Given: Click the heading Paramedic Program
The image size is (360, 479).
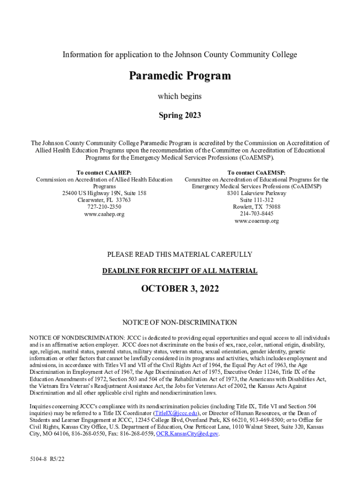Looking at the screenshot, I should [x=180, y=76].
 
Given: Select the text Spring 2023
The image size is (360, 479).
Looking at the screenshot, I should [x=180, y=115].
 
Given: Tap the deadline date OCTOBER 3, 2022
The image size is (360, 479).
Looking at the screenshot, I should [x=180, y=289].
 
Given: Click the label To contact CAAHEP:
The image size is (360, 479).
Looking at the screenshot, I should [x=104, y=173].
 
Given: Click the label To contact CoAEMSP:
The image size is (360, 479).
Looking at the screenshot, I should [x=256, y=173].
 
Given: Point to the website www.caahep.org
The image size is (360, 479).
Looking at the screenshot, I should [x=104, y=214].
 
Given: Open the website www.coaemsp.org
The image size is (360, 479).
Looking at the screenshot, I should [x=256, y=221].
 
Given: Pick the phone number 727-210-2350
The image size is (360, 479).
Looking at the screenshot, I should [x=104, y=207].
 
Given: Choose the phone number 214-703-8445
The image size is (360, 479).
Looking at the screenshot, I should [x=256, y=214].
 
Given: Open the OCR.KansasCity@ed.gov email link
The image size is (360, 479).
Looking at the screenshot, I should [x=187, y=434].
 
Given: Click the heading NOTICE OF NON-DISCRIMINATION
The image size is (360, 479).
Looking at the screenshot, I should [x=180, y=322].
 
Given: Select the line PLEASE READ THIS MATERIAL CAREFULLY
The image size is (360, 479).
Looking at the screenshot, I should [x=180, y=254].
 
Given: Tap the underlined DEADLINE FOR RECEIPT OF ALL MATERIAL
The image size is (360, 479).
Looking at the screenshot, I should [x=180, y=271].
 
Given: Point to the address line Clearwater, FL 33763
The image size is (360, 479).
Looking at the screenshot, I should [x=104, y=200].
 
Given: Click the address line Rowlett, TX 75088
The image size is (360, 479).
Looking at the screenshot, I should [x=256, y=207].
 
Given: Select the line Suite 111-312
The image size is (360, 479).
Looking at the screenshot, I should [x=256, y=200].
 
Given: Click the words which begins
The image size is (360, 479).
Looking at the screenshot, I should [x=180, y=96].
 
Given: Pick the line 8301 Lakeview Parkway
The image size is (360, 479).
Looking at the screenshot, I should [x=256, y=193].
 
